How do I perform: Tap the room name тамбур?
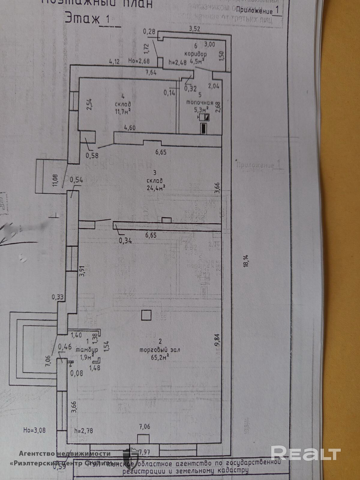click(x=87, y=350)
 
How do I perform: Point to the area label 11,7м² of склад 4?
click(x=123, y=111)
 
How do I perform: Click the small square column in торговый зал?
click(x=146, y=315)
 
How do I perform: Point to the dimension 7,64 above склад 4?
click(x=151, y=72)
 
